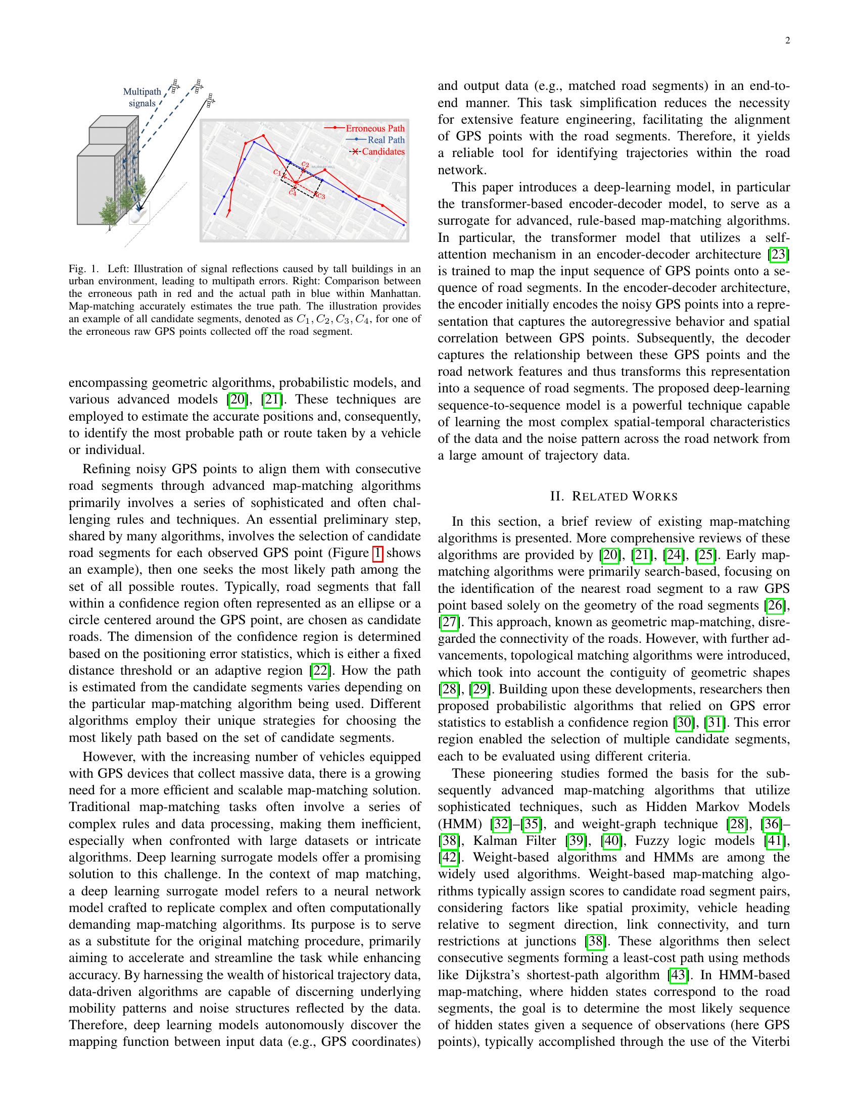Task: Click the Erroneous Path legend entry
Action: (x=375, y=128)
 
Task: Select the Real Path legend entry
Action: (x=386, y=140)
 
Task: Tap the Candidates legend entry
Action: (x=383, y=151)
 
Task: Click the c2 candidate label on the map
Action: (x=305, y=164)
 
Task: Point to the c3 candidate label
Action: (x=321, y=195)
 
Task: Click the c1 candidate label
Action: (x=277, y=172)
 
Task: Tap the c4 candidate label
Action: (x=292, y=192)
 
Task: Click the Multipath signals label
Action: (x=142, y=97)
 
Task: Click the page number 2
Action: (x=787, y=41)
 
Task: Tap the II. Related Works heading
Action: (x=614, y=496)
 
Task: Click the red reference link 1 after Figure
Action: (x=377, y=553)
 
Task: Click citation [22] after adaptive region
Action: (x=320, y=671)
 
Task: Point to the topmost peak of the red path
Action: (x=264, y=135)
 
